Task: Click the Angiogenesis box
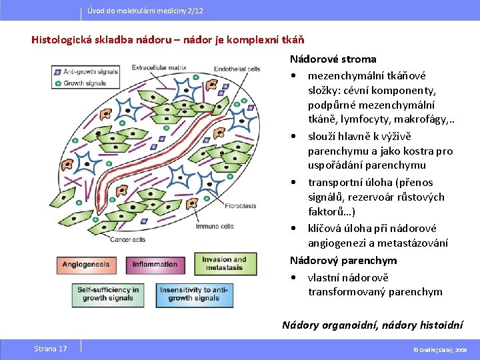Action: (x=85, y=264)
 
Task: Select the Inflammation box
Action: (x=155, y=264)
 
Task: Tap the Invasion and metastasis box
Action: (x=224, y=263)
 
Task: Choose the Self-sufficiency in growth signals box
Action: (x=108, y=294)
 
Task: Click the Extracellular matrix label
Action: (x=159, y=67)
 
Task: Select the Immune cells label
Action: (x=215, y=226)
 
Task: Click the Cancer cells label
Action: (x=129, y=239)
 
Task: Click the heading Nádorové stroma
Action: (x=333, y=59)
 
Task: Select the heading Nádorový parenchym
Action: (x=343, y=260)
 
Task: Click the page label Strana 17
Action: (x=51, y=349)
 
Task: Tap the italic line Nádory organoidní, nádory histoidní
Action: (x=372, y=325)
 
